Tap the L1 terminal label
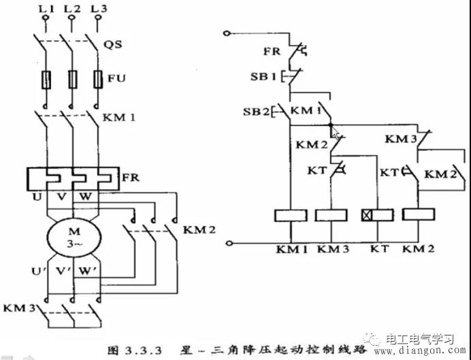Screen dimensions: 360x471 point(45,8)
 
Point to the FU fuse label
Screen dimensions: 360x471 point(115,78)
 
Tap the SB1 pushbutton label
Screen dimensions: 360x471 point(263,76)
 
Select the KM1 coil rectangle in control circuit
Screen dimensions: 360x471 point(291,216)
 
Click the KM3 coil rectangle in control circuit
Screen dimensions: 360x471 point(331,216)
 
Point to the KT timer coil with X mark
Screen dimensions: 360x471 point(376,216)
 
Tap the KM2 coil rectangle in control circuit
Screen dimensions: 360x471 point(419,216)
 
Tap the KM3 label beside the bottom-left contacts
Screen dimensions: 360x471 point(19,308)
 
